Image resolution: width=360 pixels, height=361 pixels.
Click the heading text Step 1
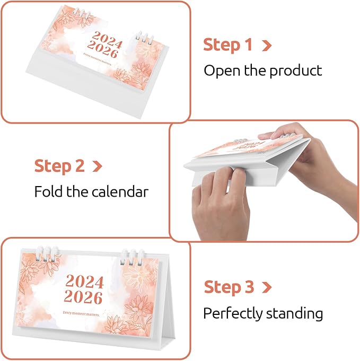click(229, 45)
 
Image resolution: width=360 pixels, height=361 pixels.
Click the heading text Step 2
click(59, 166)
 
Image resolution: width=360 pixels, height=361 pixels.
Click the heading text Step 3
click(229, 288)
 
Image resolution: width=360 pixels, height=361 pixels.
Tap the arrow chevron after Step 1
click(267, 46)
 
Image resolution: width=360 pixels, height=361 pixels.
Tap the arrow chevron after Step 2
click(97, 166)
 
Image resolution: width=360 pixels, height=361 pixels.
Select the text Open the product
click(263, 70)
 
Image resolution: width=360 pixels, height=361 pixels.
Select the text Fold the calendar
click(92, 191)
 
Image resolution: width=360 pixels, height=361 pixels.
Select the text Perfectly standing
click(263, 313)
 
